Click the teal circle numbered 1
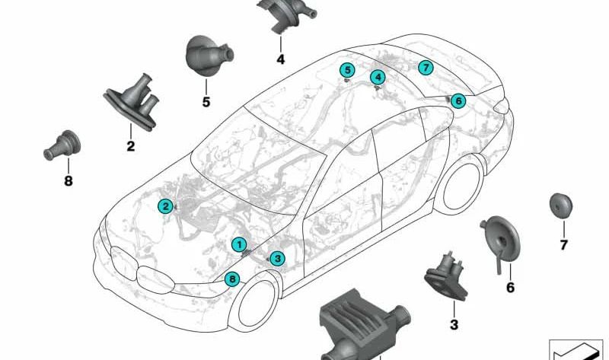(x=239, y=244)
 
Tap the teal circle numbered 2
(x=165, y=206)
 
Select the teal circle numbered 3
(x=277, y=258)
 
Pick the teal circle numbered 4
(x=378, y=78)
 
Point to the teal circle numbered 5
(x=347, y=70)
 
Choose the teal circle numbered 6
(x=458, y=101)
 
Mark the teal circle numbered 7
(x=426, y=68)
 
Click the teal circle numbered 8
(x=232, y=279)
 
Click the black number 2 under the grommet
(x=131, y=146)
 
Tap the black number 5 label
(x=206, y=102)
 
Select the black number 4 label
(x=280, y=59)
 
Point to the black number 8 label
(x=69, y=181)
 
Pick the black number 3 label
(x=454, y=325)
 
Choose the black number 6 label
(x=510, y=288)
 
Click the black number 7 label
(x=563, y=245)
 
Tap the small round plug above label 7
(x=561, y=205)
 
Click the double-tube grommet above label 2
(x=132, y=103)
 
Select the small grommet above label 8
(x=62, y=145)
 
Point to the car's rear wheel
(x=462, y=186)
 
